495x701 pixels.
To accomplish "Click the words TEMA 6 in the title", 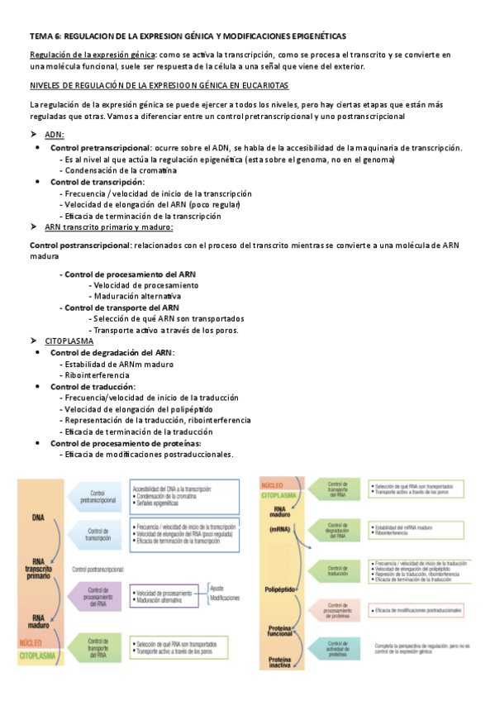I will tap(44, 36).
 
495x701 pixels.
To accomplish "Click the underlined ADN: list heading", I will tap(55, 135).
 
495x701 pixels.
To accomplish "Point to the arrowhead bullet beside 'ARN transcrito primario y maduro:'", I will tap(34, 227).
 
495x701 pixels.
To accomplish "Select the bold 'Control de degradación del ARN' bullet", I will tap(112, 352).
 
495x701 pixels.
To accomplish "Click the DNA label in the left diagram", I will tap(39, 518).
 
